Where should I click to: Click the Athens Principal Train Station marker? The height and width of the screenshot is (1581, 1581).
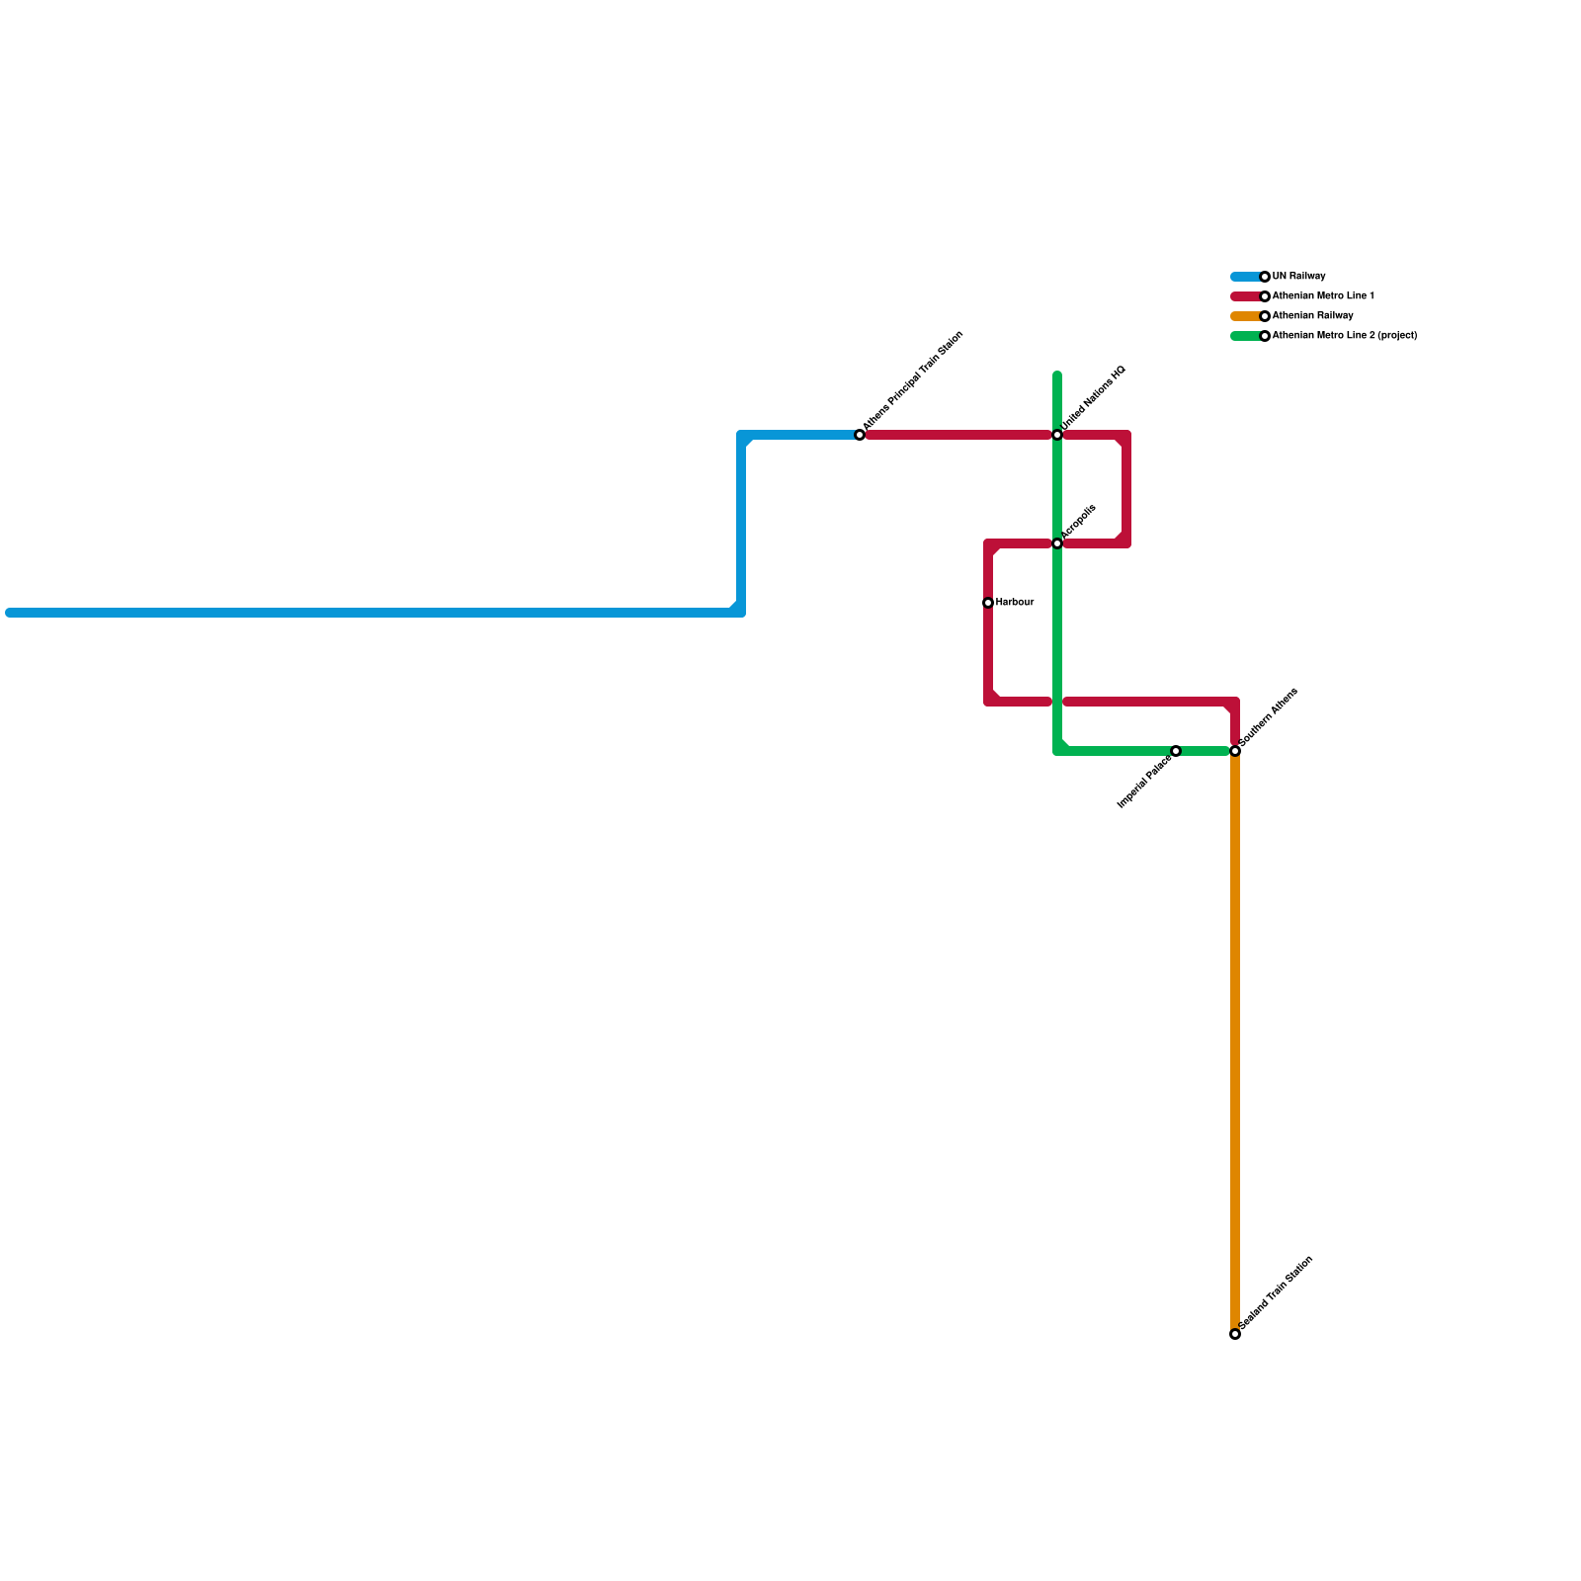[x=860, y=435]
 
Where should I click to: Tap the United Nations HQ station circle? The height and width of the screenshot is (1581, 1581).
[x=1057, y=435]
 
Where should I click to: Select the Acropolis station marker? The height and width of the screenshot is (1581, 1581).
[x=1057, y=543]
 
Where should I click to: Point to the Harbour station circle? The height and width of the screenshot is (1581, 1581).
[x=988, y=603]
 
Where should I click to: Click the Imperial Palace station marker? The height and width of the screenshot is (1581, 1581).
[x=1176, y=751]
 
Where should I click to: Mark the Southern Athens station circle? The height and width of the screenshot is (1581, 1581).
[x=1235, y=751]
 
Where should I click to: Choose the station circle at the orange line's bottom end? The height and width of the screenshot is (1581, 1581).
[x=1235, y=1334]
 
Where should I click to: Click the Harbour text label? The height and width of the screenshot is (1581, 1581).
[x=1015, y=603]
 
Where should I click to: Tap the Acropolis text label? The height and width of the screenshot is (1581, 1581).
[x=1078, y=522]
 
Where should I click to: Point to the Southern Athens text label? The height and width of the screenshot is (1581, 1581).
[x=1268, y=717]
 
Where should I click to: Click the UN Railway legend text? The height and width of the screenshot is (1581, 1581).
[x=1298, y=277]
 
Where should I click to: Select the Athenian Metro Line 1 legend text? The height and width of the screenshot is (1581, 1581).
[x=1323, y=296]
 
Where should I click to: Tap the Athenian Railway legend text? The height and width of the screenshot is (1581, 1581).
[x=1312, y=316]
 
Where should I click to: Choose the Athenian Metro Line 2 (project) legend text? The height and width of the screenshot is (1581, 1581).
[x=1345, y=336]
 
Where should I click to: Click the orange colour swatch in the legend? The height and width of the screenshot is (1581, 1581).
[x=1245, y=316]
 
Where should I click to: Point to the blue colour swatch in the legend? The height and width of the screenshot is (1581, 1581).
[x=1245, y=277]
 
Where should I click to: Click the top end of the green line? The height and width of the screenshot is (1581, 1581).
[x=1057, y=375]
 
